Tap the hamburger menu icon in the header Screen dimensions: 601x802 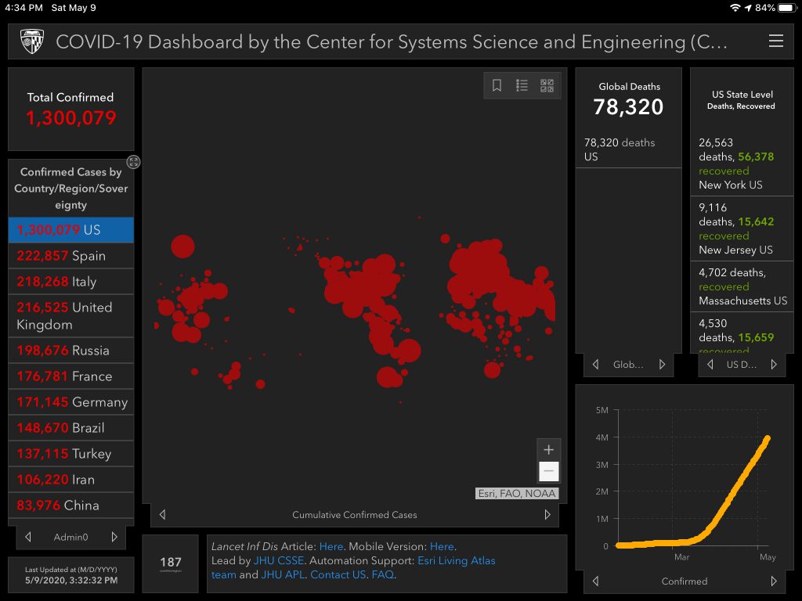coord(775,41)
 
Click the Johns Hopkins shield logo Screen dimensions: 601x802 coord(32,41)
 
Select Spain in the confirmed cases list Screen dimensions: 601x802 coord(71,256)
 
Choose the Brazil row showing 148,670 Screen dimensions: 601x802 coord(71,428)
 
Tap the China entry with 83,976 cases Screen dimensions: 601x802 coord(71,506)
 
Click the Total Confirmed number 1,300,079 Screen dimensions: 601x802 coord(70,118)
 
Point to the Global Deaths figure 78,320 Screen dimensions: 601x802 coord(629,107)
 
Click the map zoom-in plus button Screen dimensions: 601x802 coord(549,450)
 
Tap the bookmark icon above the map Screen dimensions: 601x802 coord(497,85)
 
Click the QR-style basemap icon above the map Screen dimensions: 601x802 coord(547,85)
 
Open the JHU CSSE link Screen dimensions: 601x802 coord(279,560)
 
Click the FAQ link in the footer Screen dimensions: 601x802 coord(383,574)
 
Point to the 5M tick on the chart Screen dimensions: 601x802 coord(601,410)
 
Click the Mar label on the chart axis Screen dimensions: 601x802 coord(681,557)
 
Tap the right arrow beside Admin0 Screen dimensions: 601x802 coord(114,538)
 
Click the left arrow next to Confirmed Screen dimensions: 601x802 coord(596,581)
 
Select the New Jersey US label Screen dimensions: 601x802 coord(735,250)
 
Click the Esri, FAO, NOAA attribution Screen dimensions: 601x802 coord(517,494)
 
